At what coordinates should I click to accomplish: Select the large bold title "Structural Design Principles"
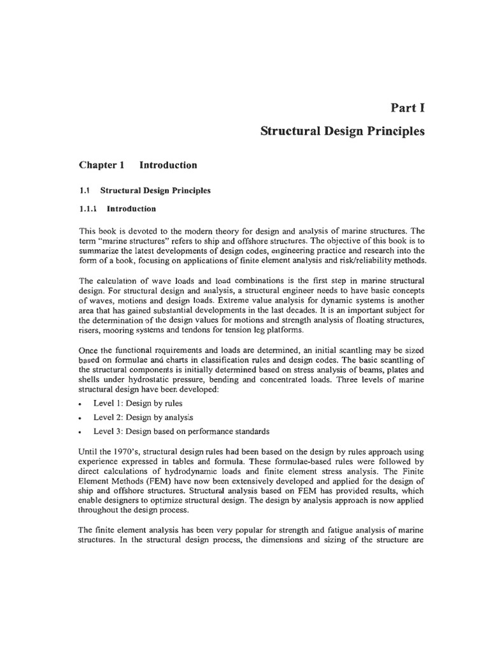343,132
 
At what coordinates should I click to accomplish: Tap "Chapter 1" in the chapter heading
101,165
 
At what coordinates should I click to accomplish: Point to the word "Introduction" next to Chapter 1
168,165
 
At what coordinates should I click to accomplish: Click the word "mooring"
125,329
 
